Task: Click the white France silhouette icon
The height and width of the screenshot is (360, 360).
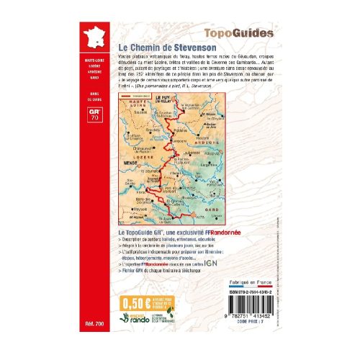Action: coord(91,37)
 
